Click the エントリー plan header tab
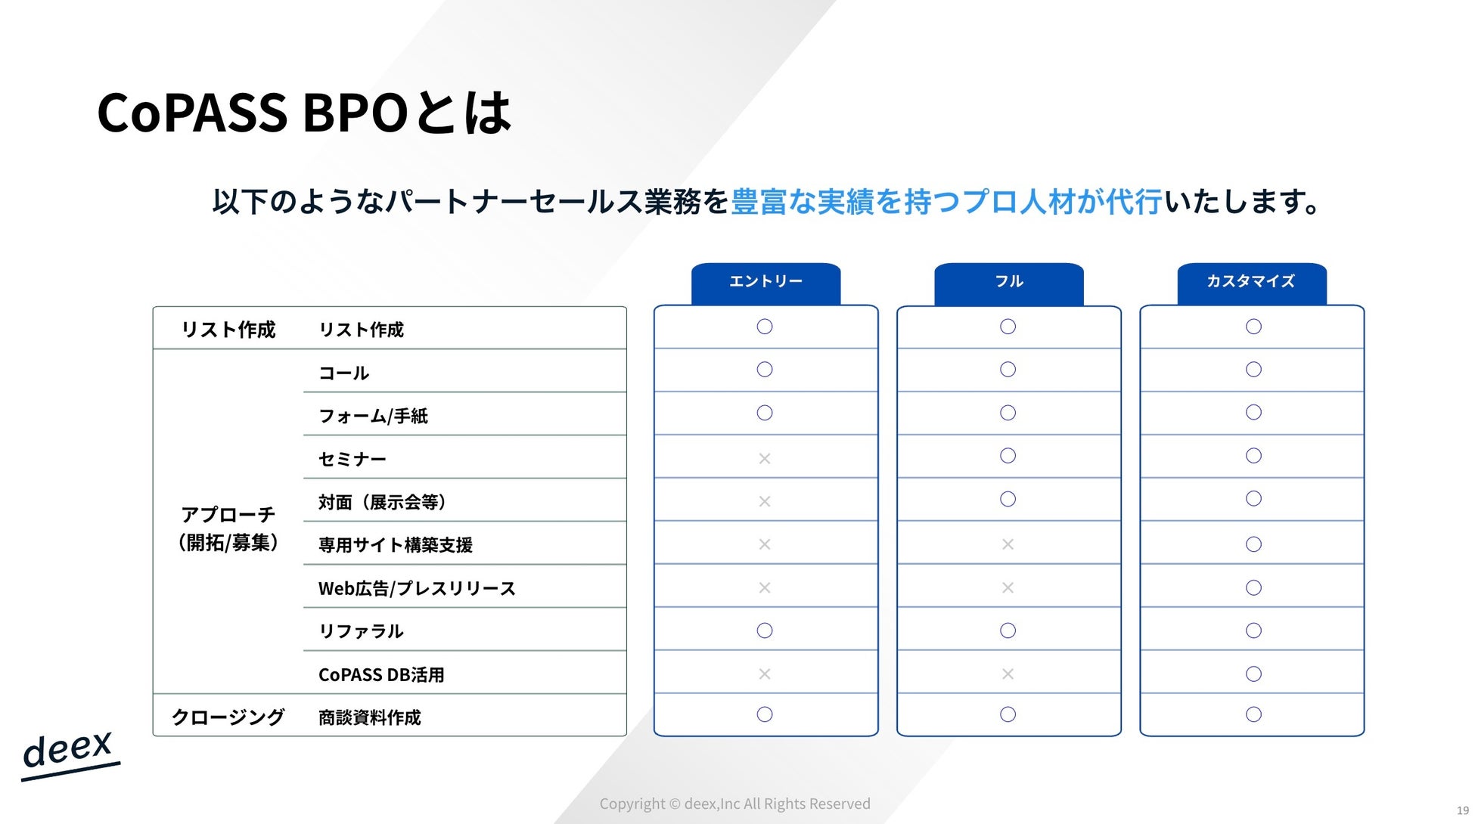coord(765,283)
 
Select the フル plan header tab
coord(1009,283)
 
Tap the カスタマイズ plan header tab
coord(1252,283)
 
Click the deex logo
coord(70,754)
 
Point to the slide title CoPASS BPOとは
coord(304,113)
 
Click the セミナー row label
coord(352,459)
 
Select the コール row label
coord(344,373)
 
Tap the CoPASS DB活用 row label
coord(381,674)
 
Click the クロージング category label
coord(228,717)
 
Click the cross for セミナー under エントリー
coord(765,458)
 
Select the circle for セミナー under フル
coord(1008,456)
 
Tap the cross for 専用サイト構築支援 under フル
coord(1008,544)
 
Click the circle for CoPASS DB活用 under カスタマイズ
coord(1253,674)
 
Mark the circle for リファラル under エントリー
coord(765,630)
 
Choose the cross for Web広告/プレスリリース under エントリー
coord(765,587)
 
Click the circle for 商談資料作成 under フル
coord(1008,714)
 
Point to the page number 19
coord(1463,810)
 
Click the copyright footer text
coord(735,804)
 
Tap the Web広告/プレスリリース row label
coord(417,588)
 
